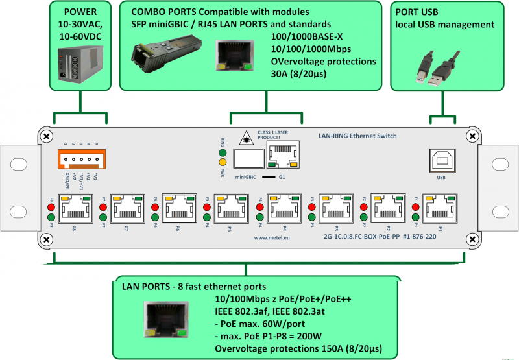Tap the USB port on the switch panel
(x=441, y=160)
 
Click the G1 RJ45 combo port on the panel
(x=282, y=158)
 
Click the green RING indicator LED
(x=222, y=150)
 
